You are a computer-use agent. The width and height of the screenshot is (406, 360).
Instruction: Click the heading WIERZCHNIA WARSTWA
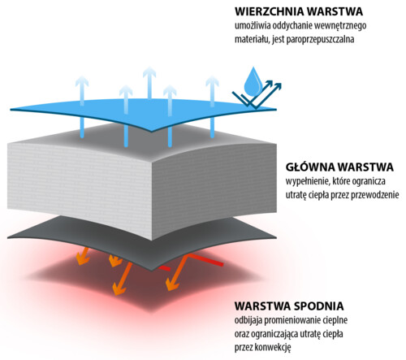point(299,11)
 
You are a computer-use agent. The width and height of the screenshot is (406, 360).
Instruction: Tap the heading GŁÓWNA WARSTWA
point(339,167)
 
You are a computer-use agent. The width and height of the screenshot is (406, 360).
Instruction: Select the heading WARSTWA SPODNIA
point(289,306)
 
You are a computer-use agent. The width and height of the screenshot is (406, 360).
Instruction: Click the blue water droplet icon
point(253,82)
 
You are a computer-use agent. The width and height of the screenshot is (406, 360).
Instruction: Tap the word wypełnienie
point(308,181)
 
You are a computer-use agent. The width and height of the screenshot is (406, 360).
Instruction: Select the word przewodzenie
point(375,195)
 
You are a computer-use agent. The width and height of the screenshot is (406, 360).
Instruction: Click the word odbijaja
point(248,320)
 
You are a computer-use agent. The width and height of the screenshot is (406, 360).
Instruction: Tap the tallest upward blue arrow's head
point(149,72)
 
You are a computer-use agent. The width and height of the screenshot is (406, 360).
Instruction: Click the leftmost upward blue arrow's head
point(82,81)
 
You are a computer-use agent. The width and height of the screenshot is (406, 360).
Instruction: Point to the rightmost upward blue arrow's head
point(212,81)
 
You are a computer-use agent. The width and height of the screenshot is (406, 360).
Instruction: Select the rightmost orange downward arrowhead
point(172,284)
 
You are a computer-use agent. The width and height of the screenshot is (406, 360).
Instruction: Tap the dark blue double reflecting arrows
point(257,94)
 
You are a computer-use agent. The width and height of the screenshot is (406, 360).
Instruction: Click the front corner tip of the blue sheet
point(152,131)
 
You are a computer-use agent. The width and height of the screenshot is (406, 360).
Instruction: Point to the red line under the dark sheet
point(205,259)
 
